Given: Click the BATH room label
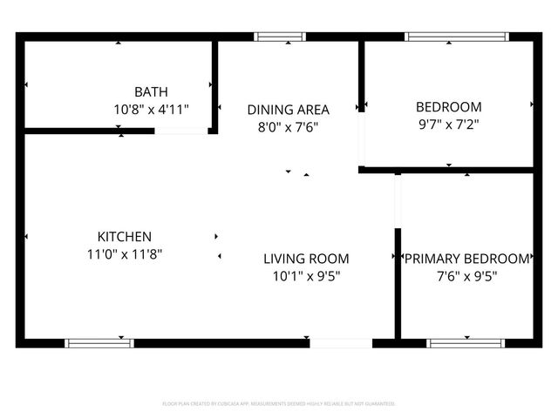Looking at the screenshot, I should [x=151, y=91].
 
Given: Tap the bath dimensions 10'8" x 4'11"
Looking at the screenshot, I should [x=151, y=110].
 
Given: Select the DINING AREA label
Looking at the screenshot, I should [x=288, y=110].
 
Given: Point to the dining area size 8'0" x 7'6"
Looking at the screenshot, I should [x=288, y=126].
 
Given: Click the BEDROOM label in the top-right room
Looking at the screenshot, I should [x=448, y=107].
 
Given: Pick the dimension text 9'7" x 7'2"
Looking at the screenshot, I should [x=448, y=125].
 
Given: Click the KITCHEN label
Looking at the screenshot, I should [x=125, y=237].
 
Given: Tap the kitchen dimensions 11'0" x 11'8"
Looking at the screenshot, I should [x=125, y=254].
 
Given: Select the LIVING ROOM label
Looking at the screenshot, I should [x=306, y=259].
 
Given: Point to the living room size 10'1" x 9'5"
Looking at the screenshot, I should [x=306, y=276].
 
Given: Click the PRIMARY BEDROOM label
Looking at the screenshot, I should [x=466, y=259].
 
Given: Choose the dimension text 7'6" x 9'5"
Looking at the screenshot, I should [x=466, y=276].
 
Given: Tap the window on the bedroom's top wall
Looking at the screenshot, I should [x=457, y=37].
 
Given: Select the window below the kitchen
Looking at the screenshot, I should [x=99, y=343].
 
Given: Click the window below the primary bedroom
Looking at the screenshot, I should [x=466, y=343].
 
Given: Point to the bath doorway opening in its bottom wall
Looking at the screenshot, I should [x=181, y=131].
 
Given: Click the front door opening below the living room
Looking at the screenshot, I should [x=341, y=343].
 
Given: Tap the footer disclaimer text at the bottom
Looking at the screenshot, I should [x=279, y=404].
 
